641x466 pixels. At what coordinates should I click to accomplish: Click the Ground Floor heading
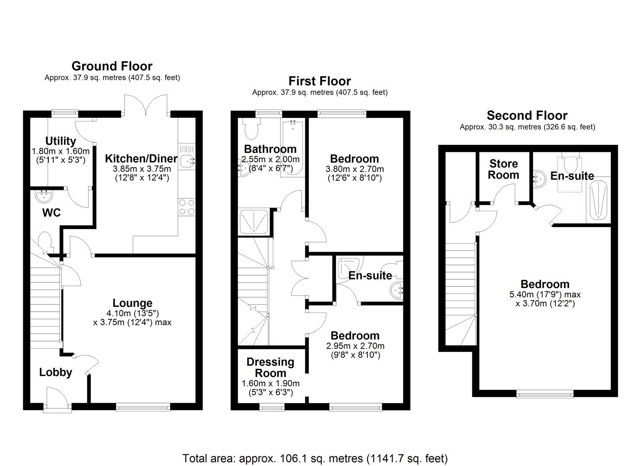tap(112, 66)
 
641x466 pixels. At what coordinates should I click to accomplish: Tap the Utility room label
tap(60, 141)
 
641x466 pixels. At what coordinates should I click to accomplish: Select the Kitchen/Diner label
tap(141, 158)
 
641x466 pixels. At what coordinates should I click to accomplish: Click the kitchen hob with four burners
tap(187, 207)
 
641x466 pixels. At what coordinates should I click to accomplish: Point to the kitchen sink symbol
tap(187, 161)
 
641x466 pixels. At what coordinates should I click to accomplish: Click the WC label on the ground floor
tap(51, 213)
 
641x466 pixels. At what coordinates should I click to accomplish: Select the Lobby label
tap(56, 372)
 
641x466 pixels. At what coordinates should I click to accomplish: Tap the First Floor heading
tap(319, 81)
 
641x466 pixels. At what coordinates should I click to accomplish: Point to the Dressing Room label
tap(270, 367)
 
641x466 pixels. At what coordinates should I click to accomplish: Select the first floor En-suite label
tap(370, 275)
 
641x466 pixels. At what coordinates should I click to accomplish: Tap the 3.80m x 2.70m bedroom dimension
tap(355, 169)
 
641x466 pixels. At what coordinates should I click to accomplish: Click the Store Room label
tap(504, 169)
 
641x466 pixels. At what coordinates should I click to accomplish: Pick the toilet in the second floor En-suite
tap(569, 164)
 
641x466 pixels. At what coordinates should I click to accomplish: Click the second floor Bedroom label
tap(545, 284)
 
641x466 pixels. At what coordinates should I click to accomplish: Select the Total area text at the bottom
tap(315, 458)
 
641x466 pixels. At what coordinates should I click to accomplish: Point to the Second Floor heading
tap(527, 115)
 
